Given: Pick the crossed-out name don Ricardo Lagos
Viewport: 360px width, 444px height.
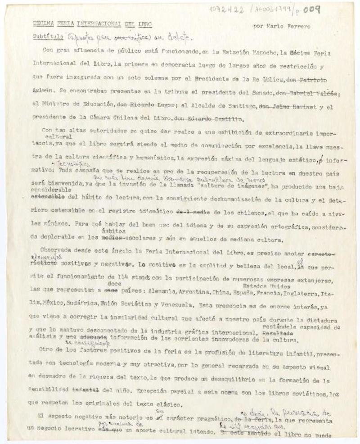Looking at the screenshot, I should click(140, 107).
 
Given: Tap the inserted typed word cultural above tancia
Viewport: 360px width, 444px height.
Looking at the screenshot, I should click(58, 136).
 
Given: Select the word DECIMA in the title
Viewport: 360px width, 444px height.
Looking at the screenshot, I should click(44, 24).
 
